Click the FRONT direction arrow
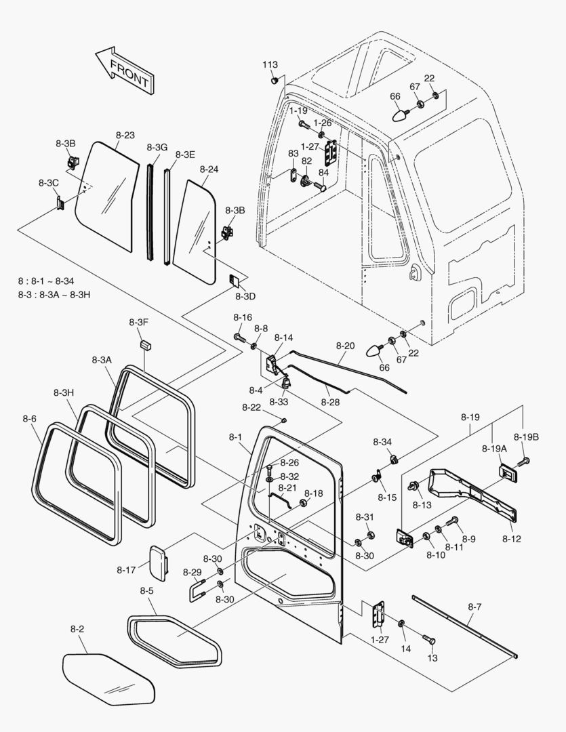point(125,70)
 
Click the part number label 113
point(270,65)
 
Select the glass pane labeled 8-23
point(107,196)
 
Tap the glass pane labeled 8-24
point(195,232)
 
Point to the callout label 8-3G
point(157,148)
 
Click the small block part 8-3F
point(146,346)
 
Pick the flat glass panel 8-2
point(108,679)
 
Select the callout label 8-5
point(146,590)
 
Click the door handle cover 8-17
point(159,563)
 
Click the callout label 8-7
point(474,607)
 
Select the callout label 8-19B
point(526,437)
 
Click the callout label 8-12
point(511,539)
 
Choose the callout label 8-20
point(345,346)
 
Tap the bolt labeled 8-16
point(239,336)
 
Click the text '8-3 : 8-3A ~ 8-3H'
point(54,295)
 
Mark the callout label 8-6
point(29,419)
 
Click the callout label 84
point(323,172)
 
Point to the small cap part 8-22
point(283,421)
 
